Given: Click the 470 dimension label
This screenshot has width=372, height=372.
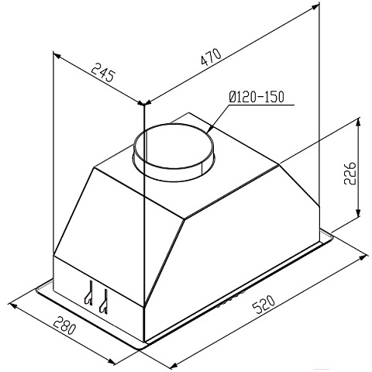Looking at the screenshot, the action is (211, 57).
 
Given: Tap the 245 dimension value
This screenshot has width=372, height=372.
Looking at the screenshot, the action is (102, 72).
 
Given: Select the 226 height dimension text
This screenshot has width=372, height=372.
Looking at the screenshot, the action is (350, 173).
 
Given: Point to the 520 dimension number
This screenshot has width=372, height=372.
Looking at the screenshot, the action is (263, 305).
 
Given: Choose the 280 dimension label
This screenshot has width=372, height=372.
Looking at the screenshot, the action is (64, 326).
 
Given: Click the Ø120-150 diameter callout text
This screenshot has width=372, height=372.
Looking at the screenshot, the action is (257, 97).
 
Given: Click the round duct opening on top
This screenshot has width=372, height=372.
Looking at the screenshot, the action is (173, 153).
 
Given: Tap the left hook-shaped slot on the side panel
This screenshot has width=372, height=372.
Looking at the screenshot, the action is (89, 292).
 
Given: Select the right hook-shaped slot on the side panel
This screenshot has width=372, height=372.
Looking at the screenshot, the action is (104, 301).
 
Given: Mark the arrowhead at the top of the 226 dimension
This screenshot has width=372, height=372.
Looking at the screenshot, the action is (358, 122).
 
